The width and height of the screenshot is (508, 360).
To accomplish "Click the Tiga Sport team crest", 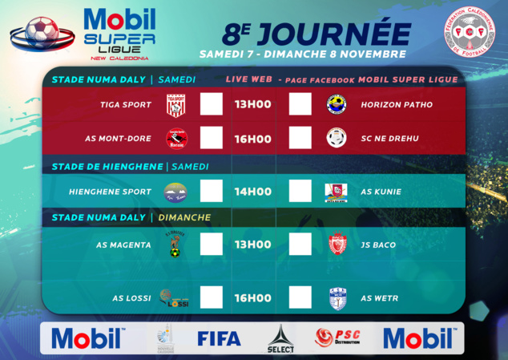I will tap(176, 105).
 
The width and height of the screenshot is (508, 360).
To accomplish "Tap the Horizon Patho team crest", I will tap(336, 105).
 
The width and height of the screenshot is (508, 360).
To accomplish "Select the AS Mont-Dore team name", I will tap(118, 139).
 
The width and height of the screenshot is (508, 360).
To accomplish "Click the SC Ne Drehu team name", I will tap(389, 139).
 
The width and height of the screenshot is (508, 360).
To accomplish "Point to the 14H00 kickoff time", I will tap(252, 192).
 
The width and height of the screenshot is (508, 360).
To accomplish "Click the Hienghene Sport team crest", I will tap(176, 192).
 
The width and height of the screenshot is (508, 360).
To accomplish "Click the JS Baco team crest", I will tap(336, 244).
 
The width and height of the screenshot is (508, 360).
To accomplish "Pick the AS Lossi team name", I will tap(131, 298).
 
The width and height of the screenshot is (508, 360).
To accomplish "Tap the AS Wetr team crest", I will tap(336, 298).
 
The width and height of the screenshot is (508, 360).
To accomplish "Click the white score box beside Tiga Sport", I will tap(212, 105).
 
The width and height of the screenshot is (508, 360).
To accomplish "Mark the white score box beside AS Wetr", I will tap(300, 298).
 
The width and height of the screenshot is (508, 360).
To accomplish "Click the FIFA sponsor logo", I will tap(219, 338).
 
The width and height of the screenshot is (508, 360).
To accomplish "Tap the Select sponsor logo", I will tap(280, 338).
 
